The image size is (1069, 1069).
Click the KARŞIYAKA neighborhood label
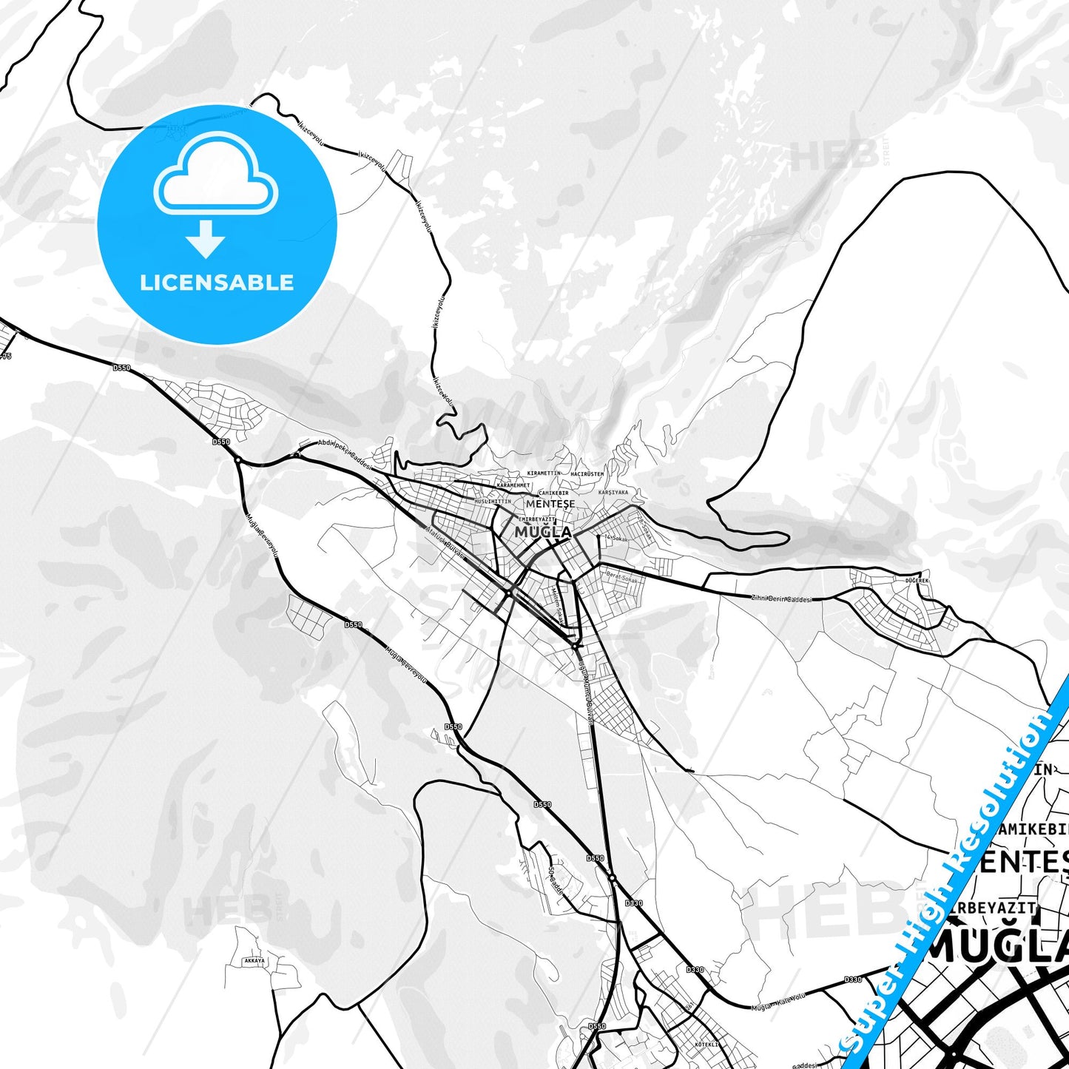[x=613, y=492]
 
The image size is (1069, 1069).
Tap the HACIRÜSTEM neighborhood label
[x=587, y=473]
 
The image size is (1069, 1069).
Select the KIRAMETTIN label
[x=544, y=473]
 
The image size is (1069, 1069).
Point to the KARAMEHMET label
[x=514, y=485]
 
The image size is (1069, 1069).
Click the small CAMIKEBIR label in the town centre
[x=553, y=493]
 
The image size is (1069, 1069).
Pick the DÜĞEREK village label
[x=917, y=581]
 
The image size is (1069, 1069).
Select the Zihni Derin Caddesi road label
[x=781, y=598]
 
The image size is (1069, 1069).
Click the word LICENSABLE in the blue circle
[x=217, y=283]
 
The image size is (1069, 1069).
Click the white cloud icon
[x=215, y=179]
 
